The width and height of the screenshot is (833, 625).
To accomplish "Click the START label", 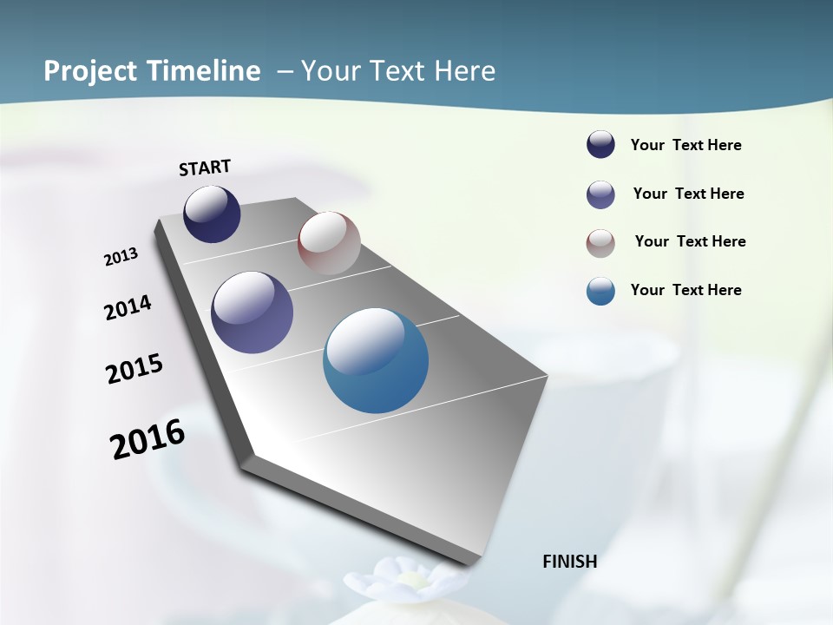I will coord(205,168).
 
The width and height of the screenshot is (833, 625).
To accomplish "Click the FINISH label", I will coord(570,561).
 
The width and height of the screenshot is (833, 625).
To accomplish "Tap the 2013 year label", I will coord(121,256).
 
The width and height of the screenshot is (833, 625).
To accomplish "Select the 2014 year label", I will coord(128,307).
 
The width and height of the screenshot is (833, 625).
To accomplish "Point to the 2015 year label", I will coord(134,369).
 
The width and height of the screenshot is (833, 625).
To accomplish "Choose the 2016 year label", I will coord(148,439).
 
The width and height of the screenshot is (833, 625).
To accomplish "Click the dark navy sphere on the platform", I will coord(212,214).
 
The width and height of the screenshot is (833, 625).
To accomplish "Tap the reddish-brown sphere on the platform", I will coord(329,243).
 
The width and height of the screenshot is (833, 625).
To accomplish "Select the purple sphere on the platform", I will coord(253,312).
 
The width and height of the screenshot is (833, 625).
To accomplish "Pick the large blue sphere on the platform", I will coord(376,360).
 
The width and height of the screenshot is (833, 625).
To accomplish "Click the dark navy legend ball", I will coord(600,145).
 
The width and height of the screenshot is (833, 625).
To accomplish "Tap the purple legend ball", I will coord(600,194).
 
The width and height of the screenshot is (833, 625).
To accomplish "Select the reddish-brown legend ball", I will coord(600,243).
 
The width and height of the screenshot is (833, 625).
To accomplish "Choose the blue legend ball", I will coord(600,291).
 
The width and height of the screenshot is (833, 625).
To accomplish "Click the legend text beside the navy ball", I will coord(685,145).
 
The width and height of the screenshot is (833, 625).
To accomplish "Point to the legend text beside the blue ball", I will coord(685,290).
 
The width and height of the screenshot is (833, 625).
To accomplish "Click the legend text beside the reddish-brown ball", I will coord(690,241).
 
